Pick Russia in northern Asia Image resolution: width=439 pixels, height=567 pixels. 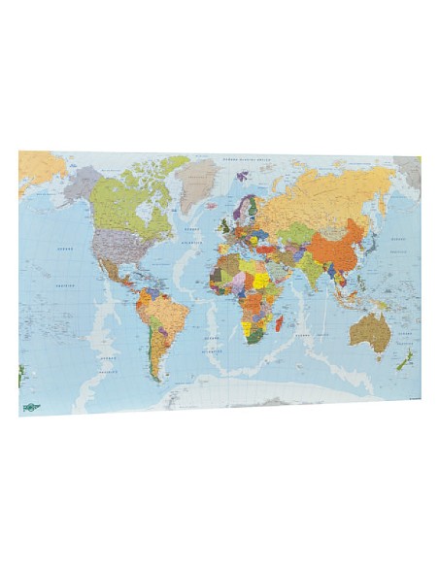(x=330, y=194)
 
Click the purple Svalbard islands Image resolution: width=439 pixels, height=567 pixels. (x=242, y=177)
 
